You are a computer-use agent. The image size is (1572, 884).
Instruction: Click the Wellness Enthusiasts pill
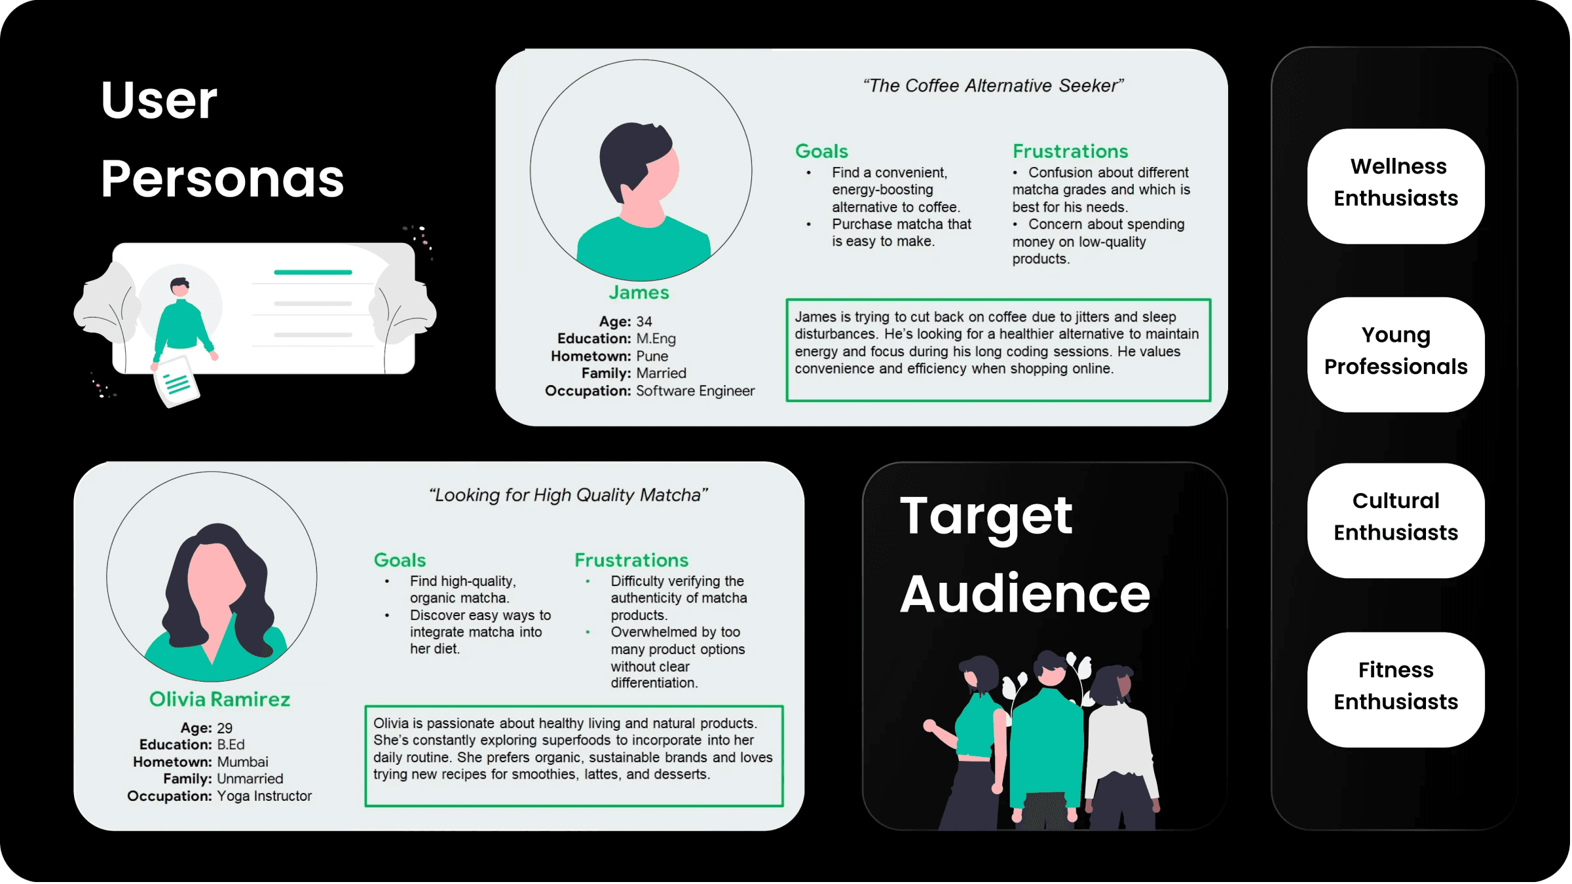[1396, 183]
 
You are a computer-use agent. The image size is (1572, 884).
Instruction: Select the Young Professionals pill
[1396, 352]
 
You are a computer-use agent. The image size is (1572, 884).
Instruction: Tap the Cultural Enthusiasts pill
[1396, 517]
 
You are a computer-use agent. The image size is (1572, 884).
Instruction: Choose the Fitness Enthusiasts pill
[1396, 686]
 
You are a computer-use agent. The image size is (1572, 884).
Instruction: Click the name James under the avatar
[639, 293]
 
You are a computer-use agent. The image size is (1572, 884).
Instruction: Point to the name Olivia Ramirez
[219, 699]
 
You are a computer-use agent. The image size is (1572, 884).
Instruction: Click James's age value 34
[644, 322]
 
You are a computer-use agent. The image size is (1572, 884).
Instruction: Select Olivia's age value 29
[225, 728]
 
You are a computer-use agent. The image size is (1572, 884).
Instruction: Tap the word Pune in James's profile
[652, 356]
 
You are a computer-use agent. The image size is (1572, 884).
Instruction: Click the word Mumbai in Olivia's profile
[242, 762]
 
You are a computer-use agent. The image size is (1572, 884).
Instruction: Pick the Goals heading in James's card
[821, 151]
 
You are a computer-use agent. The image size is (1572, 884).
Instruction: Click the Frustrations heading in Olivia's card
[631, 561]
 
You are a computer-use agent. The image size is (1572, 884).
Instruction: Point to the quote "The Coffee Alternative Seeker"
[993, 86]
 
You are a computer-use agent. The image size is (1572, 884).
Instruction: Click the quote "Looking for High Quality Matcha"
[569, 495]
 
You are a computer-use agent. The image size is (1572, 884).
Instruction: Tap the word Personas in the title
[222, 179]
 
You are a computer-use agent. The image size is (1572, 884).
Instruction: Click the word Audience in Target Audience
[1025, 594]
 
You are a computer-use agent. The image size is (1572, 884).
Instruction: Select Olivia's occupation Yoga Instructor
[264, 796]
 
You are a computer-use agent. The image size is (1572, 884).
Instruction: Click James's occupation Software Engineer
[695, 391]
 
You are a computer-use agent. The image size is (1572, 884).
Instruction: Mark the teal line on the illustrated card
[313, 272]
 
